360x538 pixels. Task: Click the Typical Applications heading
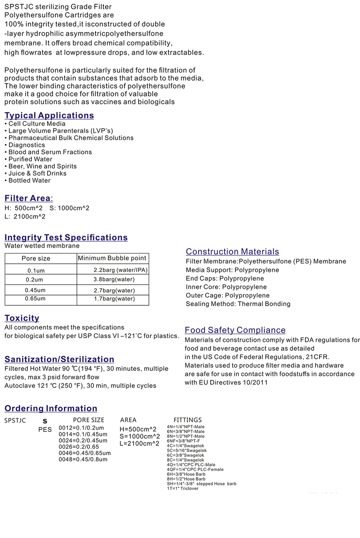tap(49, 115)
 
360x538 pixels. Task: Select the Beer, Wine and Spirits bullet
tap(41, 166)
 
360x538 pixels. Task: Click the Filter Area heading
tap(29, 198)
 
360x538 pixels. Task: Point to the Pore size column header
tap(36, 259)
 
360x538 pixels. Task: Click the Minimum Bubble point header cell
tap(112, 258)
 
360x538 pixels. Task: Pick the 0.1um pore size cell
tap(36, 271)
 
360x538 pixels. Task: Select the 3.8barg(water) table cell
tap(114, 280)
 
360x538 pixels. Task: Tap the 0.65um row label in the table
tap(35, 299)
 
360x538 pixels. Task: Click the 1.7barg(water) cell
tap(114, 299)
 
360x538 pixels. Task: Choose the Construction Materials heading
tap(232, 252)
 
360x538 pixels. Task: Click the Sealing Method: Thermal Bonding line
tap(238, 304)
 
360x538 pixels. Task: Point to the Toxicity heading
tap(22, 318)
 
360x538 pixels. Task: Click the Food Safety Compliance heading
tap(235, 330)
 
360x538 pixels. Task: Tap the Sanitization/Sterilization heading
tap(59, 359)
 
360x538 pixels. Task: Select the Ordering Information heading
tap(51, 408)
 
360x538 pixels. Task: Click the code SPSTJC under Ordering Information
tap(15, 420)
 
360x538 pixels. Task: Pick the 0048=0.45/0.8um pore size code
tap(83, 459)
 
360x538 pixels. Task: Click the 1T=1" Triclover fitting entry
tap(182, 489)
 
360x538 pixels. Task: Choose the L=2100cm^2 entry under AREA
tap(139, 444)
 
